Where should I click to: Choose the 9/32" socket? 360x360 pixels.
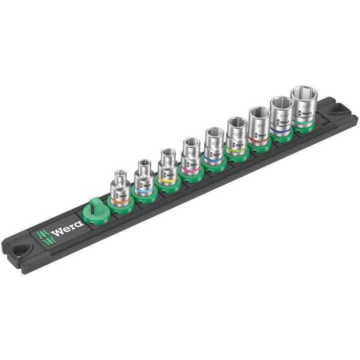point(190,157)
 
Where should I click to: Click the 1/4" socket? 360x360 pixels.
point(166,167)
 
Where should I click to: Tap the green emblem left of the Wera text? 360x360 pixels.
point(43,235)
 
